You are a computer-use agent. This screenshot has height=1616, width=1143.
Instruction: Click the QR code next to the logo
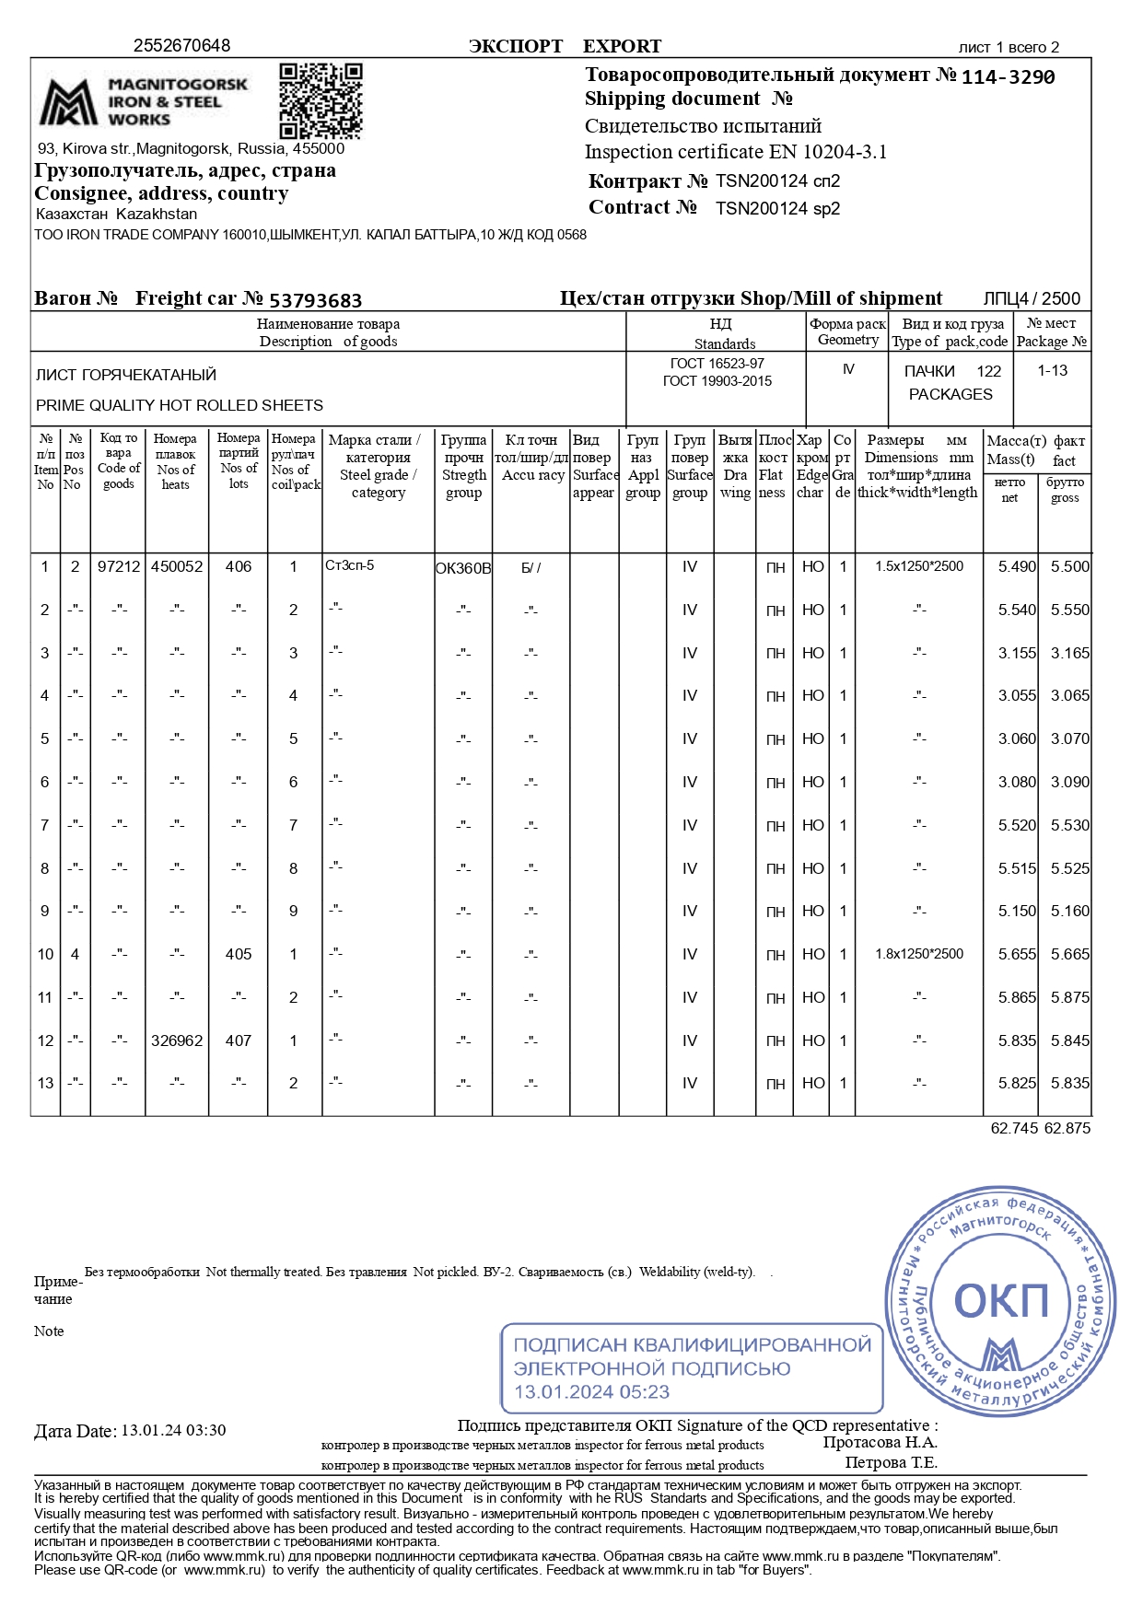coord(321,100)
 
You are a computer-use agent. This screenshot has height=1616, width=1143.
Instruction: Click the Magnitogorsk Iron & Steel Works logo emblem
coord(67,102)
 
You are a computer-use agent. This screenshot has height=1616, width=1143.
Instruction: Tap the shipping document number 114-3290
coord(1008,77)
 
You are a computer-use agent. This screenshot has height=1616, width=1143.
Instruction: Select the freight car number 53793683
coord(315,300)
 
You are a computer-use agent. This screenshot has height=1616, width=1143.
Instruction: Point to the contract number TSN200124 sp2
coord(777,209)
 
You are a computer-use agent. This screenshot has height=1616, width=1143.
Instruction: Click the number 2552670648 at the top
coord(181,46)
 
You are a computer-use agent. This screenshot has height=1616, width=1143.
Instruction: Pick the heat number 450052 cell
coord(177,567)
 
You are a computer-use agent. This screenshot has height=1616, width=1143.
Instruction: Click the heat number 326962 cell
coord(177,1041)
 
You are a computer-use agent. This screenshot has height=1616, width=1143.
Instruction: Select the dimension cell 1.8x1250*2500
coord(919,954)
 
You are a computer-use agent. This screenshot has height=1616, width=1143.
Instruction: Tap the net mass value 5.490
coord(1017,567)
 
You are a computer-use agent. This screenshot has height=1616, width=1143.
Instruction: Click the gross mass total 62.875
coord(1067,1128)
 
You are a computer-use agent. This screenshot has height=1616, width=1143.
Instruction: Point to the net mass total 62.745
coord(1014,1128)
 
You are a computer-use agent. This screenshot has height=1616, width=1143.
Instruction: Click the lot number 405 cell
coord(239,954)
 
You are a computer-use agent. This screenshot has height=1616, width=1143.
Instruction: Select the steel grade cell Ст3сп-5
coord(350,565)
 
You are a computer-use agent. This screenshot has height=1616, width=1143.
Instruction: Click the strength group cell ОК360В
coord(463,568)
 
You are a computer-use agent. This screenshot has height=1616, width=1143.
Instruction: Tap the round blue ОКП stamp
coord(1000,1299)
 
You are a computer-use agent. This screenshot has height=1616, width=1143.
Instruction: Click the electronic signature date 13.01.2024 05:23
coord(591,1392)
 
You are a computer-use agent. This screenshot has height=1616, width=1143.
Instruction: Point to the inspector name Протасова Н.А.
coord(880,1443)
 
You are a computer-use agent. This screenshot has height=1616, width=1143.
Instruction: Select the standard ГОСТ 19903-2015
coord(717,381)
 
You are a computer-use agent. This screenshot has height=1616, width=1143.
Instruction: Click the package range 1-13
coord(1052,371)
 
